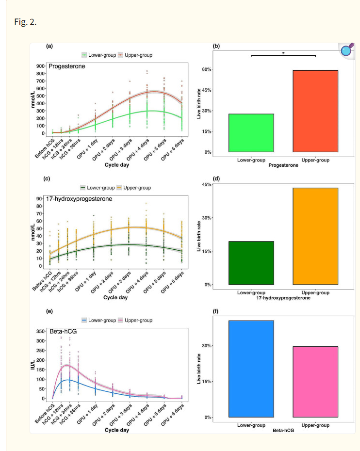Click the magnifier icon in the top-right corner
coord(347,50)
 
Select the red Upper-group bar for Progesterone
coord(315,111)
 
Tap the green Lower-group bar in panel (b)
coord(251,133)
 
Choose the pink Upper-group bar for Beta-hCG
coord(315,382)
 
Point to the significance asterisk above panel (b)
coord(283,53)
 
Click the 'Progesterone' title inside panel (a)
coord(66,66)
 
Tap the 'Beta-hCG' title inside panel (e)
coord(62,331)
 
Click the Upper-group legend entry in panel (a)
coord(135,55)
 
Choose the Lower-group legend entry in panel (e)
coord(98,321)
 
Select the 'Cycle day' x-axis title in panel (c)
coord(116,297)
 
